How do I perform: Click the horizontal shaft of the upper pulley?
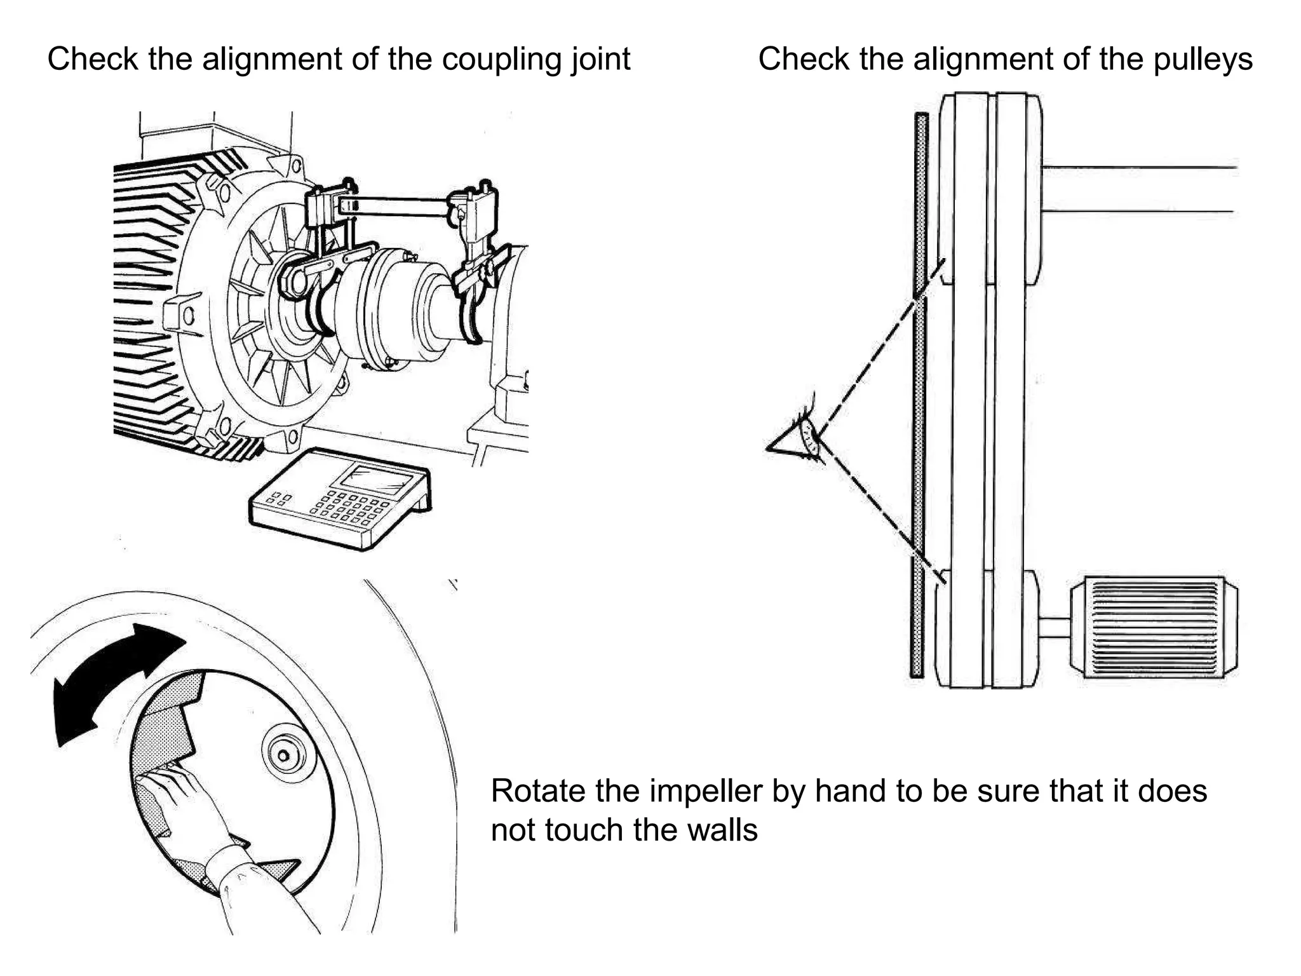[x=1137, y=189]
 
